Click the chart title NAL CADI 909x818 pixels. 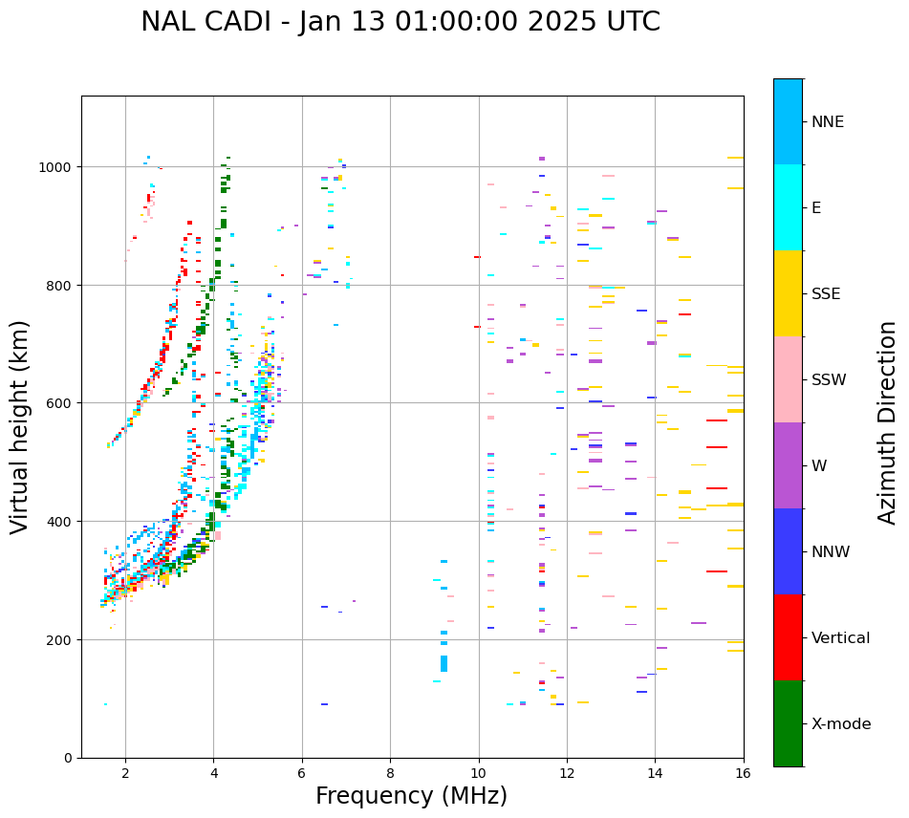tap(400, 22)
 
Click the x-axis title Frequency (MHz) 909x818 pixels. tap(411, 796)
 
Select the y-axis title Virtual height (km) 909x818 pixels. tap(20, 426)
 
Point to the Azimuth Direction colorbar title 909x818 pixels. tap(888, 421)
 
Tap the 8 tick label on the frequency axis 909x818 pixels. tap(390, 772)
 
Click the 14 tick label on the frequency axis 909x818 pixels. tap(655, 772)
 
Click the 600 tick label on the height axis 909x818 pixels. tap(60, 403)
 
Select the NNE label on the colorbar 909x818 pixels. tap(828, 121)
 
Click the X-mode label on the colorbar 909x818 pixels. tap(841, 723)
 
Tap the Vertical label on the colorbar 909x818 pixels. tap(840, 637)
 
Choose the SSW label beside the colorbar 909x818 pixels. tap(829, 379)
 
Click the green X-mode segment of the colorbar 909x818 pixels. tap(788, 723)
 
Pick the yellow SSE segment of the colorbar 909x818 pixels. tap(788, 293)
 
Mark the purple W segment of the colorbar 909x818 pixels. tap(788, 465)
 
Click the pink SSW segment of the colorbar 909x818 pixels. tap(788, 379)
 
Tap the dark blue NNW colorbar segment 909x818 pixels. tap(788, 551)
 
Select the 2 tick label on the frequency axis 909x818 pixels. tap(125, 772)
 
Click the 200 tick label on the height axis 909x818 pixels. tap(60, 639)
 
